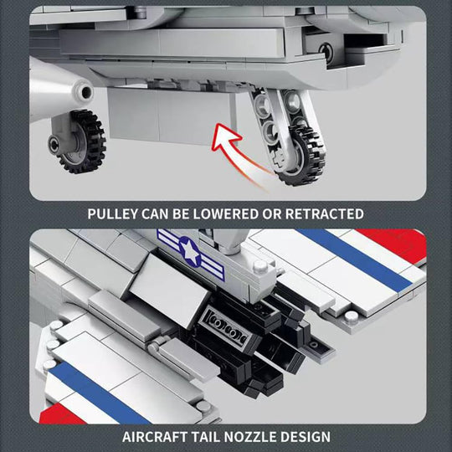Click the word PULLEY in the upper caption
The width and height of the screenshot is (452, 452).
pos(113,214)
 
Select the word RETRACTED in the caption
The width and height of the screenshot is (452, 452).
pos(324,214)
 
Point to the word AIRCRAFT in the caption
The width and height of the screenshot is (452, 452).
pos(155,437)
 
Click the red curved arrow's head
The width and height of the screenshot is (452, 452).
pos(226,137)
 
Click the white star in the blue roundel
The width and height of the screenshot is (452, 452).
pos(190,252)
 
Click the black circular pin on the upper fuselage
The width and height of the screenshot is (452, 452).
pos(326,52)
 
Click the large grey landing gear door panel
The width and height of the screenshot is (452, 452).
pos(172,116)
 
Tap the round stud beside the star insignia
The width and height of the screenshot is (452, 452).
pos(260,267)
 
